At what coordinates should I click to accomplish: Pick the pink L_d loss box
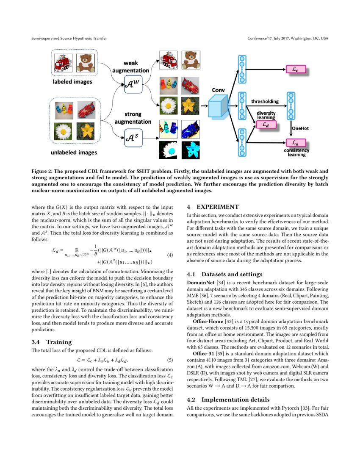pos(265,124)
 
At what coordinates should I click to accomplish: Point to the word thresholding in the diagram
pos(265,102)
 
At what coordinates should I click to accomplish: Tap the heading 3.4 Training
pos(52,342)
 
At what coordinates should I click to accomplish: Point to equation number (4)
pos(170,255)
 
